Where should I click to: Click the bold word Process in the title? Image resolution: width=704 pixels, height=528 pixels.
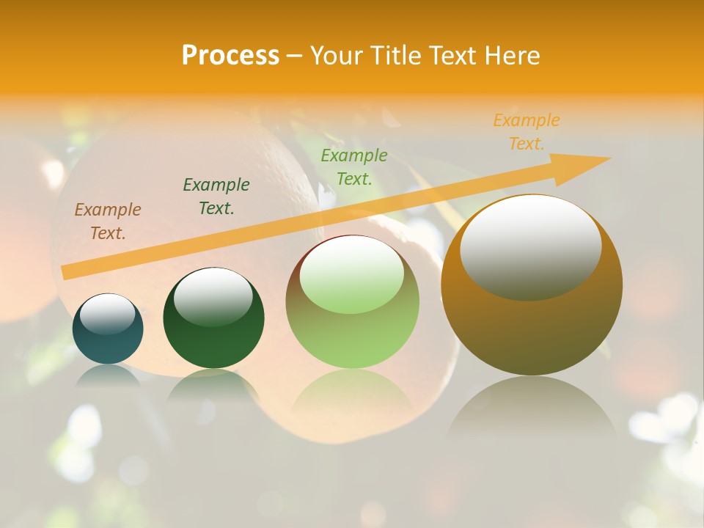[230, 56]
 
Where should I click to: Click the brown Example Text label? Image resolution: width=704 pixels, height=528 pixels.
[108, 221]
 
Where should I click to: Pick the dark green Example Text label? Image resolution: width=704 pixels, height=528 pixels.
[216, 197]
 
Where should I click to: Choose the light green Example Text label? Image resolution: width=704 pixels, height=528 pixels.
[354, 167]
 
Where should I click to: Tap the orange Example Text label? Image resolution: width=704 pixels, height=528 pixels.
[527, 132]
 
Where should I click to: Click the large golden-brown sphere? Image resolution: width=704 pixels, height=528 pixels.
[532, 330]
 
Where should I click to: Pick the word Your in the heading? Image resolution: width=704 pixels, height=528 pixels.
[333, 56]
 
